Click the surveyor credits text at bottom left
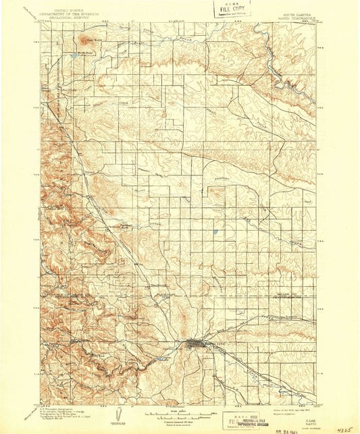[x=64, y=404]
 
